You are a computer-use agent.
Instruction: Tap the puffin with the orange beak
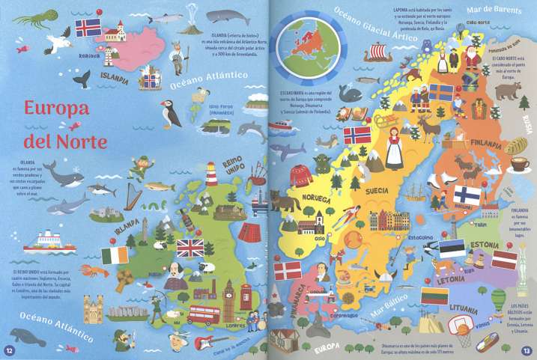pos(171,115)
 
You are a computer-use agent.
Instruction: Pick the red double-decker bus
pos(204,314)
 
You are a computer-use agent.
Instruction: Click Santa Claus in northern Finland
pos(471,58)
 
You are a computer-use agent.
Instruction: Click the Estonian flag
pos(452,248)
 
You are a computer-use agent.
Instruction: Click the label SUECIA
pos(376,191)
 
